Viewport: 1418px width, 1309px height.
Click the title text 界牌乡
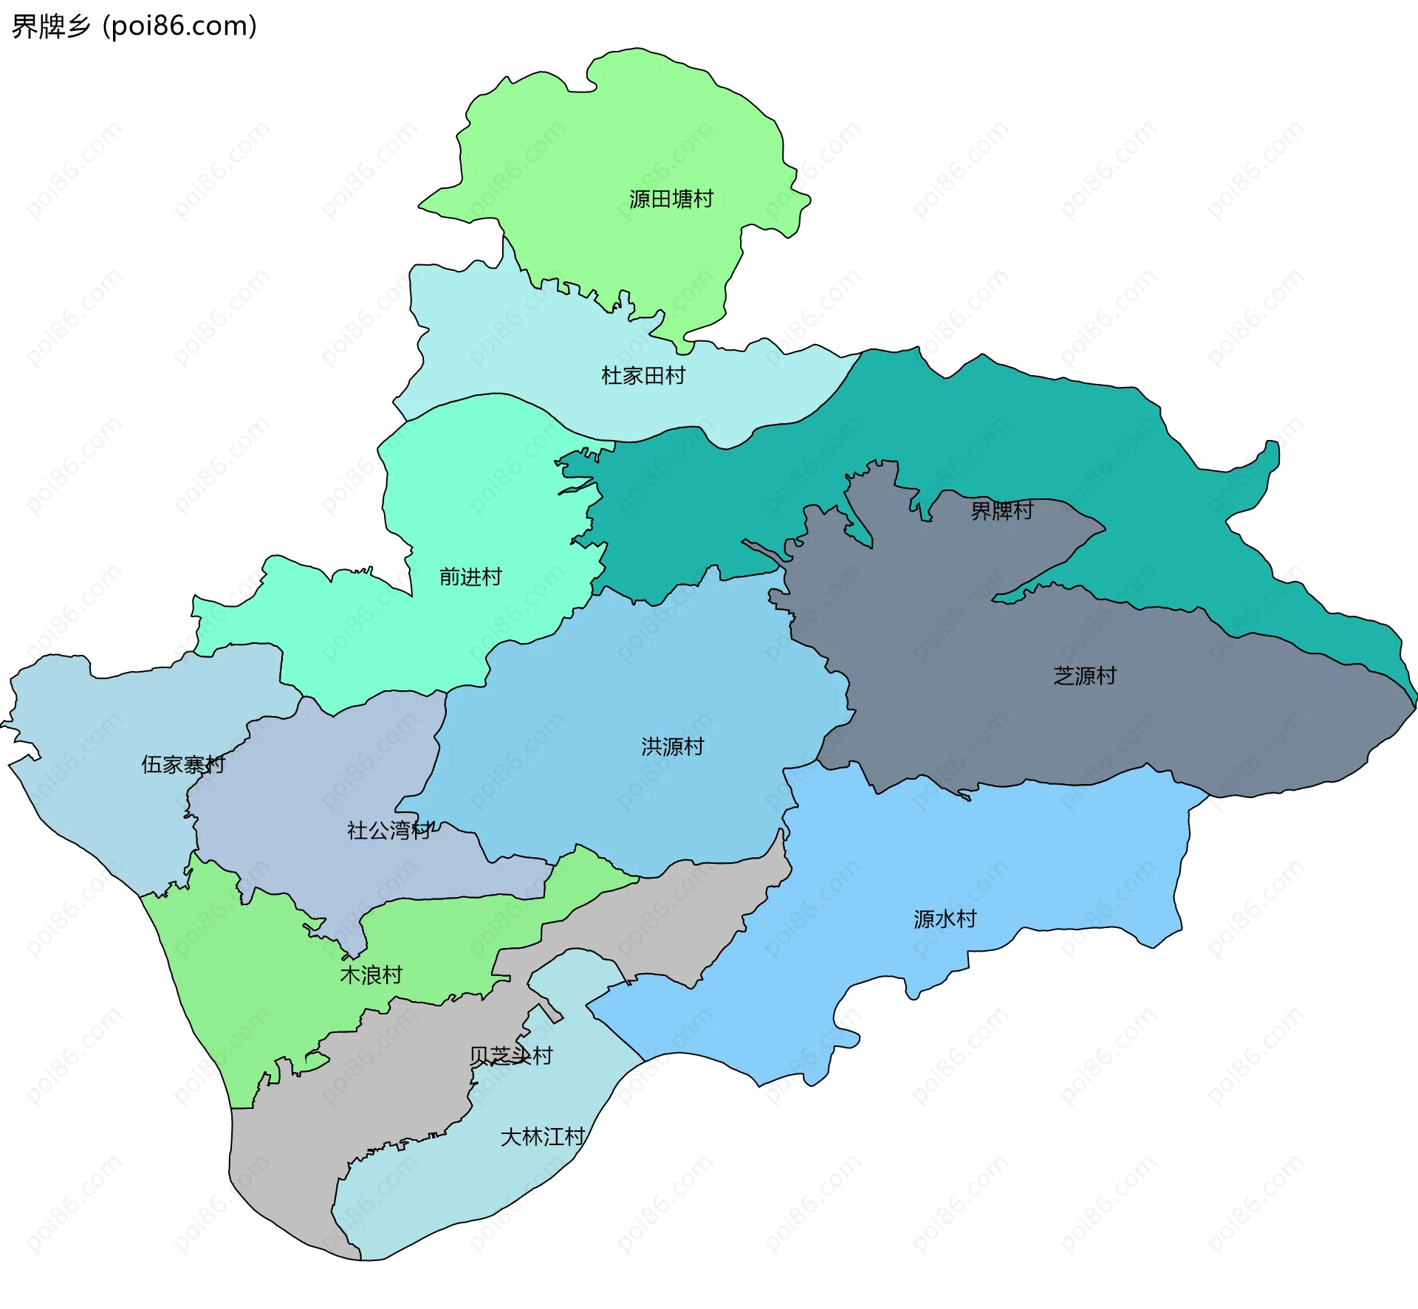(x=51, y=27)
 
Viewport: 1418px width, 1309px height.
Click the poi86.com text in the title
(x=179, y=27)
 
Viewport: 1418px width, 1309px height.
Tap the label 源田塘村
(x=671, y=199)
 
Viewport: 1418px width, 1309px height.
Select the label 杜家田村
(x=643, y=376)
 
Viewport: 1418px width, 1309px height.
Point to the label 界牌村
(x=1001, y=510)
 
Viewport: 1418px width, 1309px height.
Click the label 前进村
(x=470, y=577)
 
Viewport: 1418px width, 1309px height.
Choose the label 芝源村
(x=1084, y=676)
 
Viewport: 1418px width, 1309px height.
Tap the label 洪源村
(x=672, y=746)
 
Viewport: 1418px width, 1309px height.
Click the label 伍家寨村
(x=182, y=764)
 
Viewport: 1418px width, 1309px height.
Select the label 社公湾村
(x=388, y=831)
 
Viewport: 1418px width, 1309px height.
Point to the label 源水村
(x=945, y=919)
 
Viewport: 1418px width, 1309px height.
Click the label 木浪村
(x=371, y=975)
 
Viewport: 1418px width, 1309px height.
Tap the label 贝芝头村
(x=510, y=1056)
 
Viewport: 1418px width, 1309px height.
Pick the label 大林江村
(x=542, y=1136)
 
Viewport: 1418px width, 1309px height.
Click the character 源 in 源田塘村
(x=640, y=199)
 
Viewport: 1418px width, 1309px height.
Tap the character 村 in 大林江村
(x=574, y=1136)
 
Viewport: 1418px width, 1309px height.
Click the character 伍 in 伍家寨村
(x=151, y=764)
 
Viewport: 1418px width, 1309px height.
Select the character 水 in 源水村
(x=945, y=919)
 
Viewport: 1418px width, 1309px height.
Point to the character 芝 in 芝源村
(x=1063, y=676)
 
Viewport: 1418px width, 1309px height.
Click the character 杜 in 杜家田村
(x=612, y=376)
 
